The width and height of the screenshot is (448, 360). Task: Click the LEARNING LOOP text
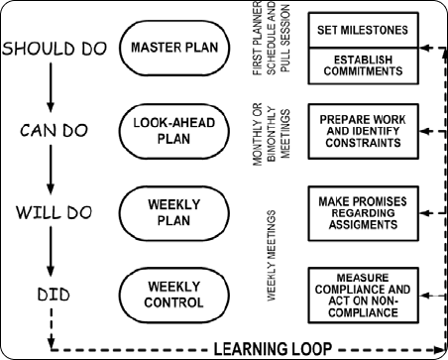point(284,348)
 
